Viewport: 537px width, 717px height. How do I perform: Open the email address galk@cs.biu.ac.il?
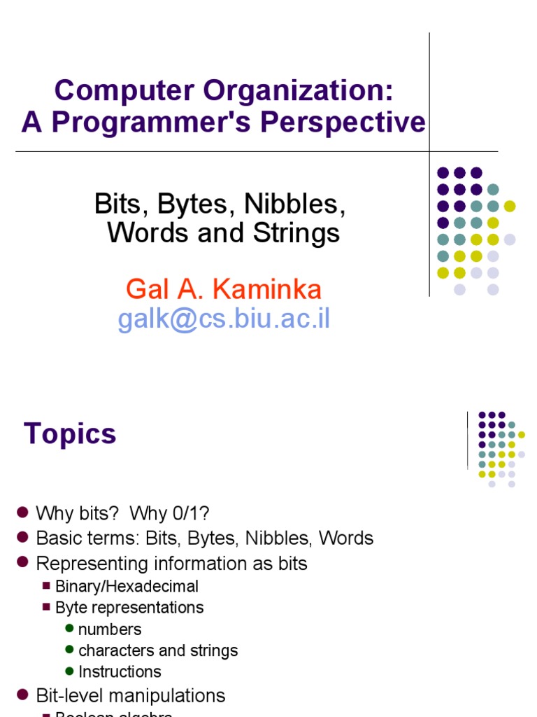pos(224,319)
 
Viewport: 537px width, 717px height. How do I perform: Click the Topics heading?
pos(70,434)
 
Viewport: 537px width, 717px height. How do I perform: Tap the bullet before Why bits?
pos(22,513)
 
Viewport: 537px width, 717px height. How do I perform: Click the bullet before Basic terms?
pos(22,537)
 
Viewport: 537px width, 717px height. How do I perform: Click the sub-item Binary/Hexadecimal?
pos(127,587)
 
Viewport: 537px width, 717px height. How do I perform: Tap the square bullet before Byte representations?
pos(47,608)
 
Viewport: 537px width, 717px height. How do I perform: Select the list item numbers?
pos(110,629)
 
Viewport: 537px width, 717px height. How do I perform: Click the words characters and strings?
pos(158,650)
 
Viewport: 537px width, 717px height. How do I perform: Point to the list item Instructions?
pos(120,671)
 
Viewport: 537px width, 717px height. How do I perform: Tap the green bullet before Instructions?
pos(69,671)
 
